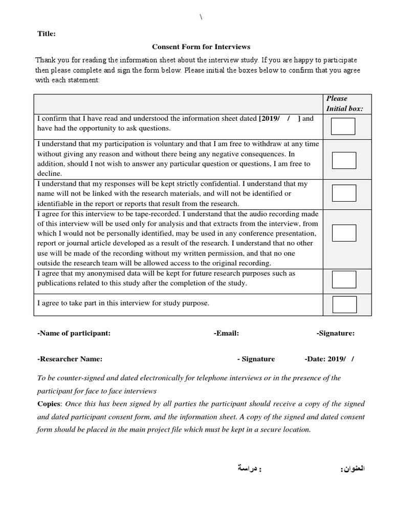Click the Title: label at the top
(47, 34)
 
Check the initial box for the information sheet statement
(343, 126)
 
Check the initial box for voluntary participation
(344, 160)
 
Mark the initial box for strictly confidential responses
(344, 193)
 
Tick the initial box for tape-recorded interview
(344, 233)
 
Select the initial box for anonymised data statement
(344, 279)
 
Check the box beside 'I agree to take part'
(344, 304)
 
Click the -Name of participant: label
(74, 333)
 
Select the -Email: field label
(226, 333)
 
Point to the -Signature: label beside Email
(335, 333)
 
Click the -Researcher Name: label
(70, 359)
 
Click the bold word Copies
(49, 404)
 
